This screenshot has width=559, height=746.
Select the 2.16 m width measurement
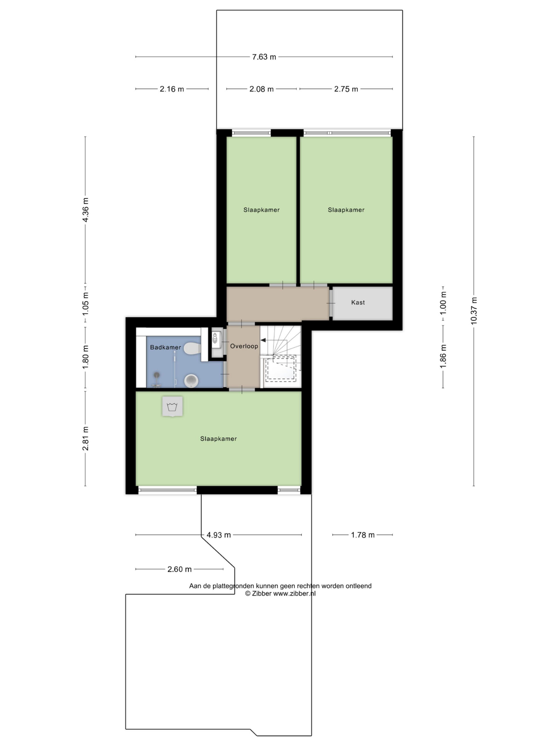pos(172,89)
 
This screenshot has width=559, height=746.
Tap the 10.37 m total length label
pos(474,310)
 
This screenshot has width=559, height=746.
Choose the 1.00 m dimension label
pos(443,303)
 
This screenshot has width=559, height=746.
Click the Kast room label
pos(358,302)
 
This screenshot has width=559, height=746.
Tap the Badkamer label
pos(165,347)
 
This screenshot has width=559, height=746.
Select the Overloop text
pos(244,346)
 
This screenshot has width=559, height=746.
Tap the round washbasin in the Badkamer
pos(191,381)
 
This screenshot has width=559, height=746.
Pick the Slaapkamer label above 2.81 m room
pos(218,439)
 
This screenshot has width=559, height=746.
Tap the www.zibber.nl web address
pos(294,594)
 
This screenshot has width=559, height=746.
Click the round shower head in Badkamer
pos(157,374)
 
